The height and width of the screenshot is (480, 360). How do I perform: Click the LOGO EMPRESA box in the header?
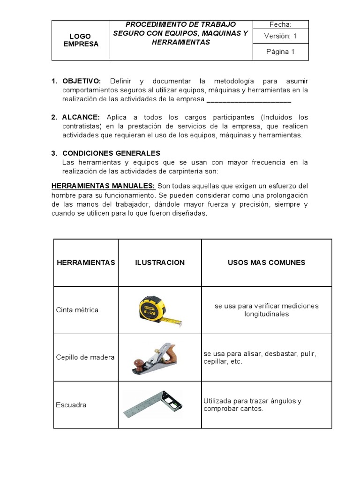[x=80, y=40]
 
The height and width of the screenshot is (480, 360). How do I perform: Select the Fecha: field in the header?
[x=280, y=24]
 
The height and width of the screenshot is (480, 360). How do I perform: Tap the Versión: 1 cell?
[x=280, y=36]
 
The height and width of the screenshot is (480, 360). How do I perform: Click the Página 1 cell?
[x=280, y=52]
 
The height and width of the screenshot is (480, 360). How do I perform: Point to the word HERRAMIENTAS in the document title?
[x=181, y=42]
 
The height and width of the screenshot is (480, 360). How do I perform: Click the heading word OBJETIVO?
[x=82, y=81]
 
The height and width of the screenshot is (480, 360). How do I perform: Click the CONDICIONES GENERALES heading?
[x=111, y=153]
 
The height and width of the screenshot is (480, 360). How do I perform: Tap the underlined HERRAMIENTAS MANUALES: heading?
[x=103, y=186]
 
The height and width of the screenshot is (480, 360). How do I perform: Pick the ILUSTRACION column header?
[x=160, y=262]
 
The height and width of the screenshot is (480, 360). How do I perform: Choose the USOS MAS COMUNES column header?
[x=266, y=262]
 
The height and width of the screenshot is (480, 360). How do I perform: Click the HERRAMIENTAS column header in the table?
[x=86, y=262]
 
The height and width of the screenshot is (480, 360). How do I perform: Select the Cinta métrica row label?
[x=77, y=310]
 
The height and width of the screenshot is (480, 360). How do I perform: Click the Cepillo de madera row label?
[x=85, y=357]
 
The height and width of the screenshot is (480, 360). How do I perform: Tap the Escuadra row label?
[x=71, y=405]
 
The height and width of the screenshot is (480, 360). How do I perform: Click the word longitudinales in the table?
[x=266, y=314]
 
